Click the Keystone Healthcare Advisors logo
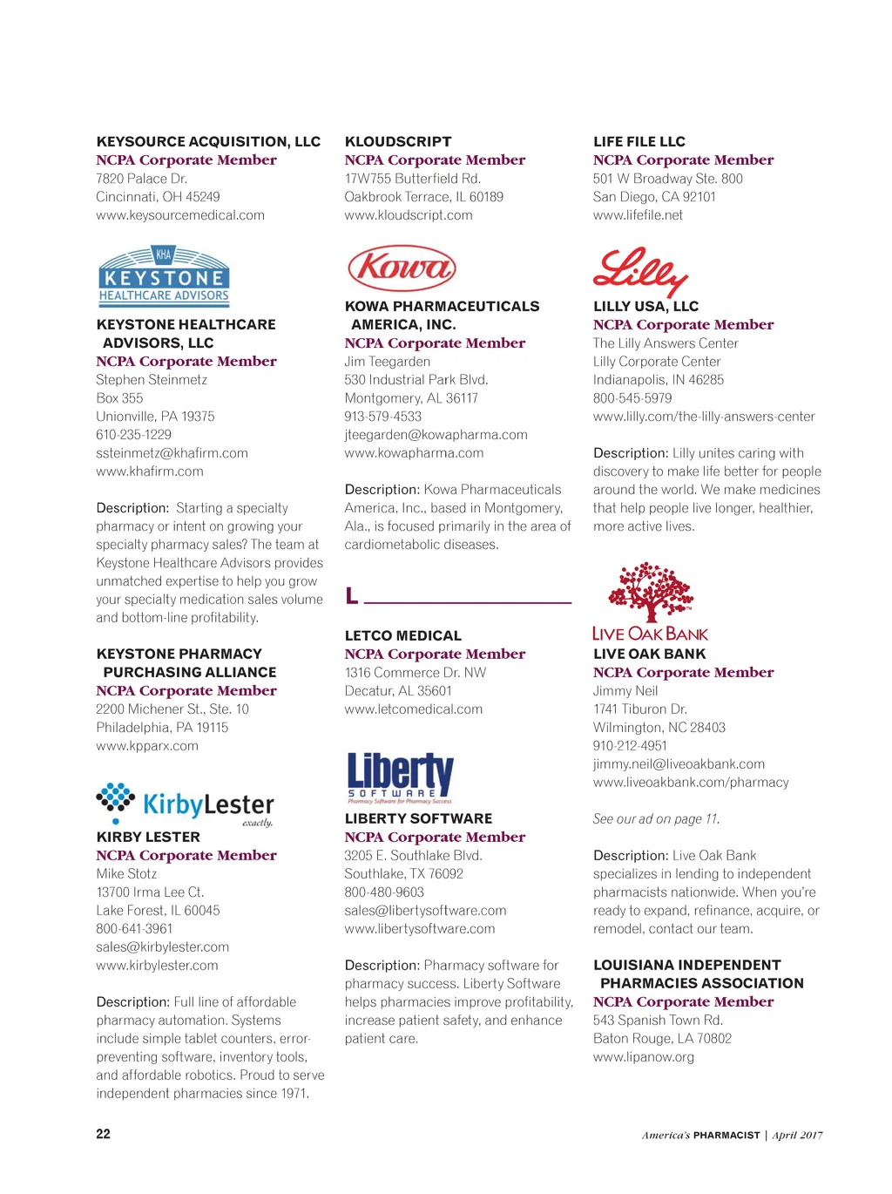point(164,275)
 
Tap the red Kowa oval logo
point(402,268)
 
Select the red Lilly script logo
point(640,271)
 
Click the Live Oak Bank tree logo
point(650,602)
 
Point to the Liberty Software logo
point(400,777)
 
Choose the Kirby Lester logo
point(185,804)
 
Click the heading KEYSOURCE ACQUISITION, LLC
point(208,141)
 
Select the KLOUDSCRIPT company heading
point(398,141)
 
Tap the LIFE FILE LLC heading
point(639,141)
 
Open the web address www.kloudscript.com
point(409,215)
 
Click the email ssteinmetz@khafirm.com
point(172,453)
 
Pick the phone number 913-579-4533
point(382,417)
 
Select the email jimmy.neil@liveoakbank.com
point(679,764)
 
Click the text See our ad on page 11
point(656,819)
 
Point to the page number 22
point(103,1134)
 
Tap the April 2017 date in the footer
point(797,1135)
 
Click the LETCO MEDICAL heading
point(403,636)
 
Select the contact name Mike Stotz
point(126,874)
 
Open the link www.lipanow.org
point(644,1057)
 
